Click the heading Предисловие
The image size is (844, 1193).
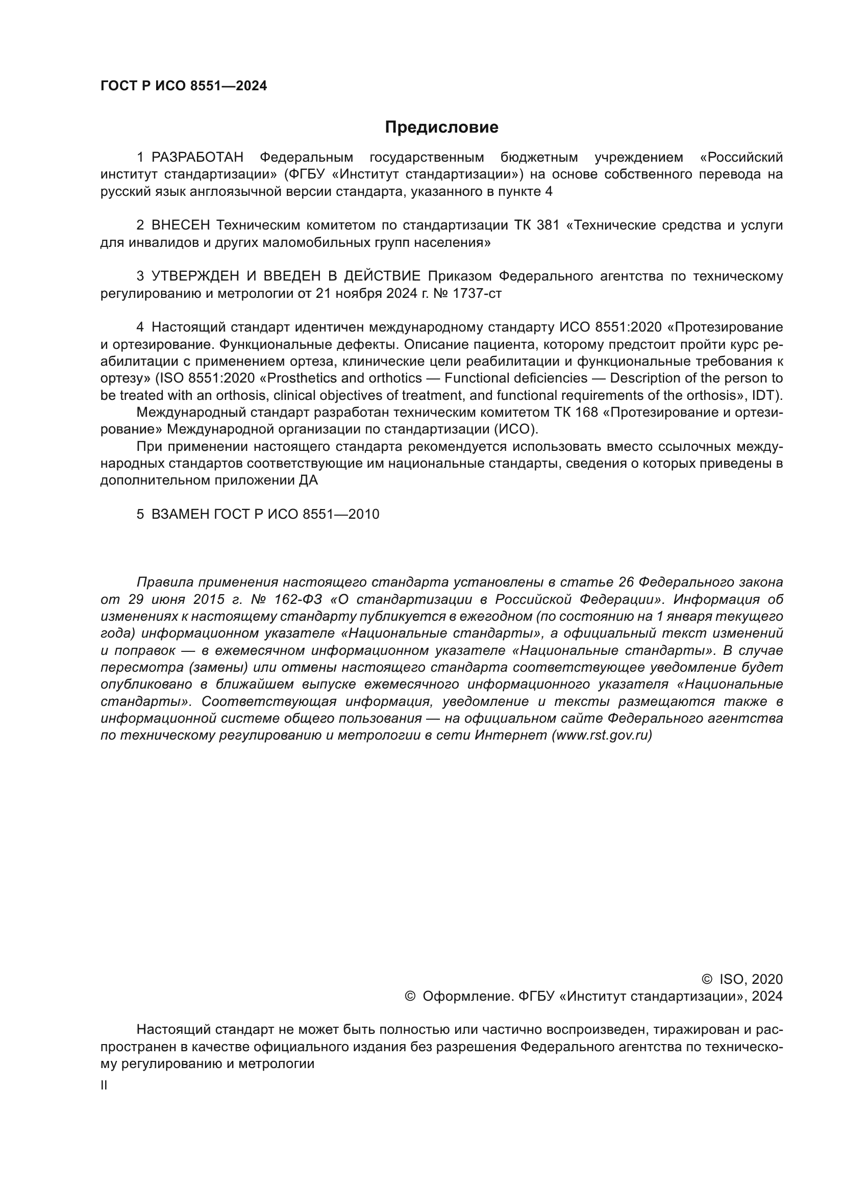(441, 128)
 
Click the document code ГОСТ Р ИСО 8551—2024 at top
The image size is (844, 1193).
(184, 86)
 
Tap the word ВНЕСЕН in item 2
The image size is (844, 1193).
(180, 225)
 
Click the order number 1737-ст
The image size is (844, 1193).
(477, 294)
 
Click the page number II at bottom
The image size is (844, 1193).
(104, 1085)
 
